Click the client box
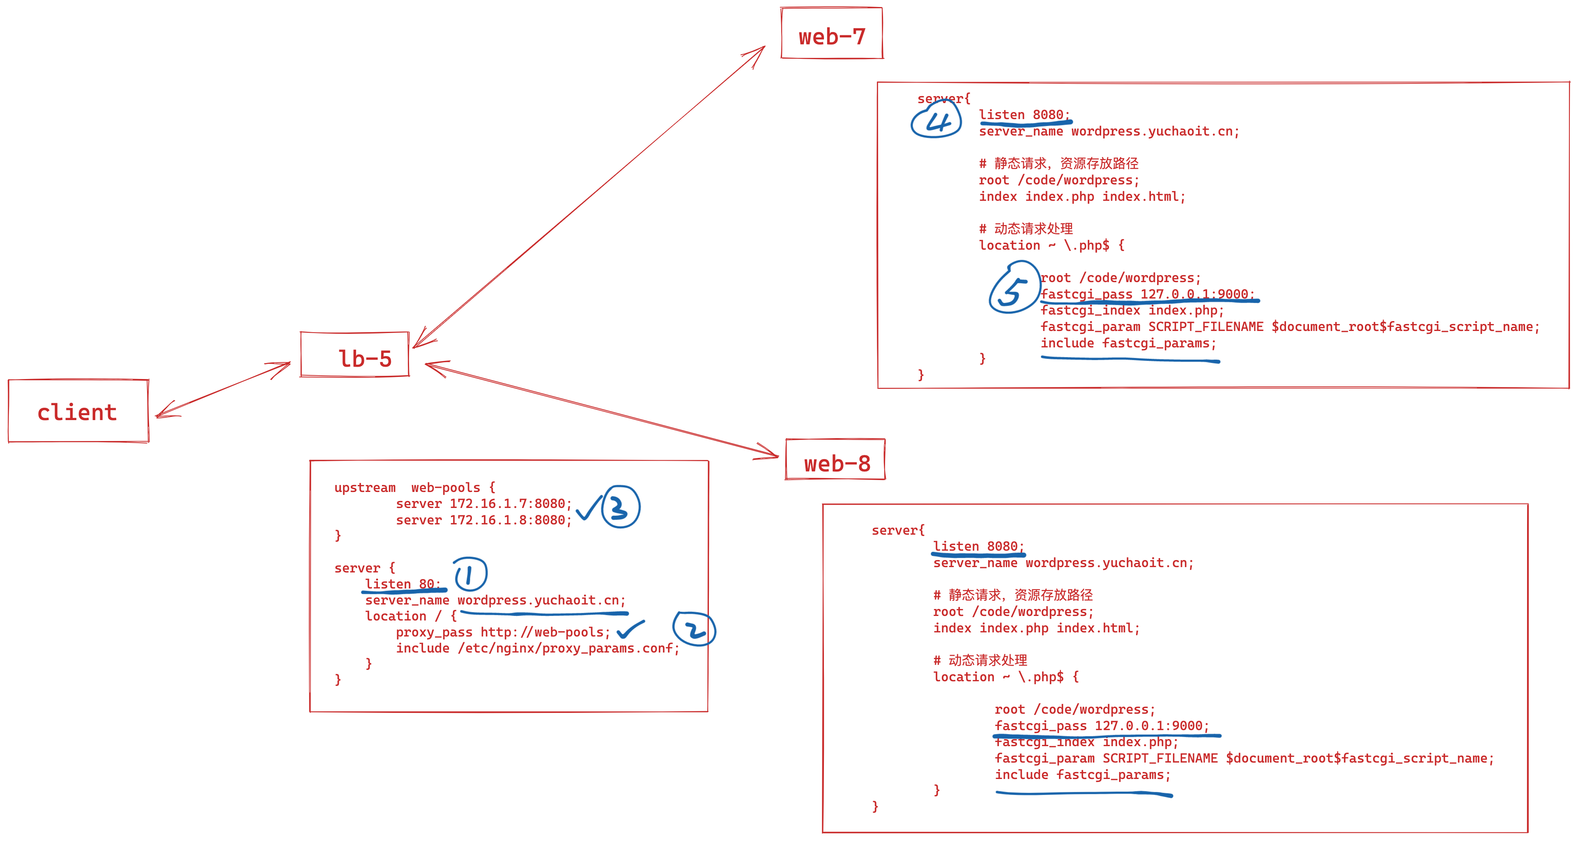click(78, 411)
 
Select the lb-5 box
click(355, 355)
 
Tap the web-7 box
click(832, 34)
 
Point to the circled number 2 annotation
click(694, 629)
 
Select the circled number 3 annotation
click(621, 507)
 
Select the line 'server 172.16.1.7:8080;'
click(483, 503)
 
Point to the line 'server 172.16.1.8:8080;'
click(483, 520)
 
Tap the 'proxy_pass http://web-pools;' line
click(502, 632)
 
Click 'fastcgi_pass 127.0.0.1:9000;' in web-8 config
click(1102, 726)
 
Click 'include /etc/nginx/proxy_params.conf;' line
click(537, 648)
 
